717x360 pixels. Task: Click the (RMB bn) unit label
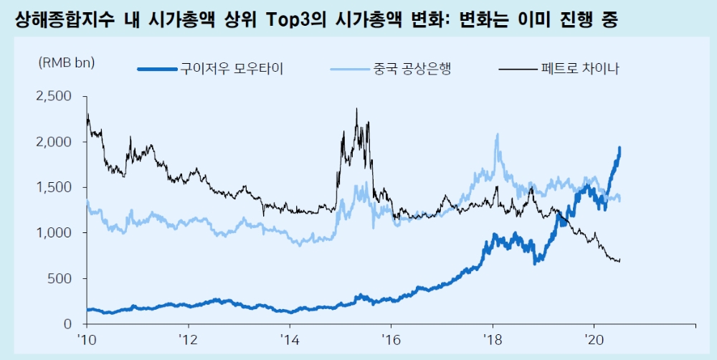(66, 62)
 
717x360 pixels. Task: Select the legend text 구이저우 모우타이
(231, 69)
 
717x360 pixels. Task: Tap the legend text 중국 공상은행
(412, 69)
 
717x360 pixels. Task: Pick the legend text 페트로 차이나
(583, 69)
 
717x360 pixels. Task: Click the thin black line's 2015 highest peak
(356, 109)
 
